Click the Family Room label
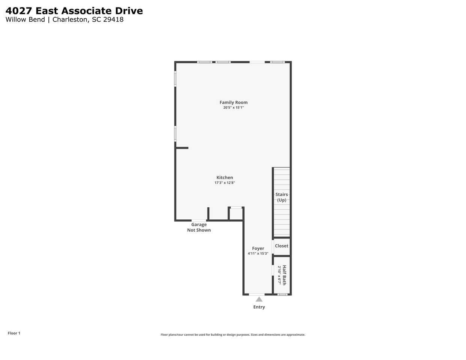(233, 102)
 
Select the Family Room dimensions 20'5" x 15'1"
(233, 108)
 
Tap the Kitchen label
(224, 177)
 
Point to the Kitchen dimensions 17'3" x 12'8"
(224, 183)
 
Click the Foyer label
(258, 248)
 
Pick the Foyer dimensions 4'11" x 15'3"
(258, 253)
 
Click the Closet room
(281, 246)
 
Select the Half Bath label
(284, 275)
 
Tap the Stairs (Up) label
(281, 197)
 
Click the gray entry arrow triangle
(259, 299)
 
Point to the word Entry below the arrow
(259, 307)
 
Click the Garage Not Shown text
(199, 227)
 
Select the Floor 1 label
(14, 333)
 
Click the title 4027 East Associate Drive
(74, 11)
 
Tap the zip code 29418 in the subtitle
(113, 19)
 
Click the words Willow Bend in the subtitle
(25, 19)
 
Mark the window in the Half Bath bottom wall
(282, 294)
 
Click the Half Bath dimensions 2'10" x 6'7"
(279, 275)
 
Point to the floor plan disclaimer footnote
(233, 335)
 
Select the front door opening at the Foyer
(257, 294)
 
